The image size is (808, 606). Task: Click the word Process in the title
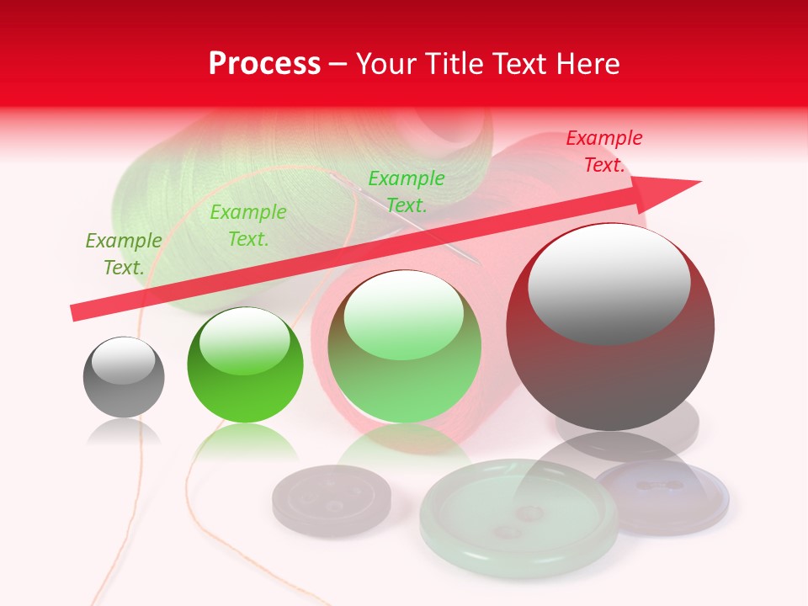point(264,64)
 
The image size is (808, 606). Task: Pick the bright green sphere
point(245,365)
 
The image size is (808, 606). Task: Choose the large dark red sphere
point(609,327)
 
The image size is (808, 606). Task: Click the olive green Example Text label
point(124,254)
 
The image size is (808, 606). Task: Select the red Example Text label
point(604,151)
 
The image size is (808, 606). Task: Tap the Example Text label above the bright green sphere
point(248,226)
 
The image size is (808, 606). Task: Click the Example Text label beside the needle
point(407,192)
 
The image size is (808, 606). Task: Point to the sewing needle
point(396,215)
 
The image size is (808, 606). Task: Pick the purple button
point(665,496)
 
